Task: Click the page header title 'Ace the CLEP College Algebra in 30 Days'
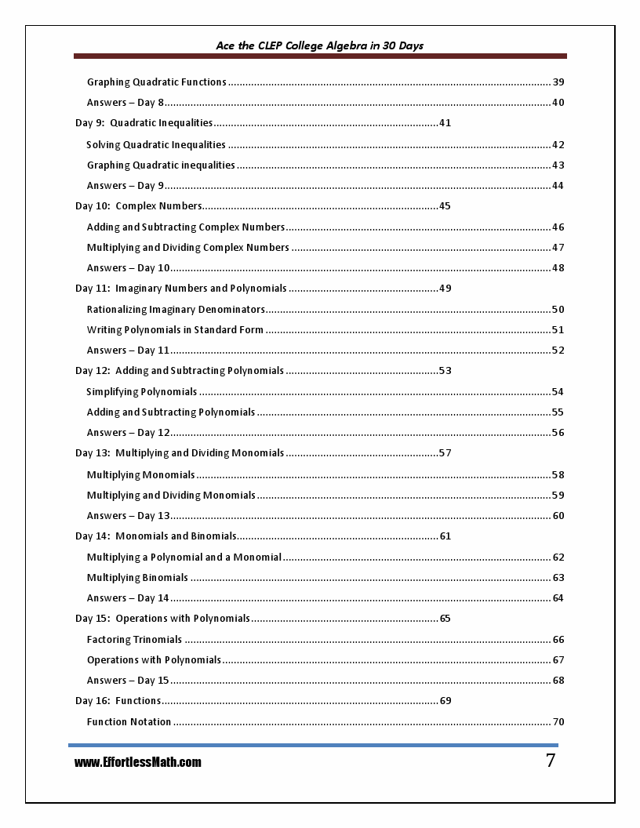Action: [x=319, y=45]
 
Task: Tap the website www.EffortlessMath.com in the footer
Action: [x=137, y=762]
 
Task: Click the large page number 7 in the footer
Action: [x=550, y=760]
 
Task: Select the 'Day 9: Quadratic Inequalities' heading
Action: [x=144, y=122]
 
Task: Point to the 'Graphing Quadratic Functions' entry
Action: [x=156, y=82]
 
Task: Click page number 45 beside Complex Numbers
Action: [x=445, y=206]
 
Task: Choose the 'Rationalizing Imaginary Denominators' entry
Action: [x=176, y=309]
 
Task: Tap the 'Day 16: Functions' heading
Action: [x=118, y=700]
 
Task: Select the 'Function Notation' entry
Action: [x=129, y=721]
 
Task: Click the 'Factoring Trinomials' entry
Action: [x=134, y=639]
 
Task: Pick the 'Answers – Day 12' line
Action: [x=128, y=432]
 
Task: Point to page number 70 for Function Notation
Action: [x=558, y=721]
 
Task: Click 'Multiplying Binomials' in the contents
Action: [x=137, y=577]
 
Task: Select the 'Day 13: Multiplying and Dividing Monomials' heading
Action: [x=179, y=452]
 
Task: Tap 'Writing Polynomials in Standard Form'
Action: [x=175, y=329]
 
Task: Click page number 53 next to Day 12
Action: [x=445, y=370]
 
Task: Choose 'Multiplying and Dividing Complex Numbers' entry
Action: [x=187, y=247]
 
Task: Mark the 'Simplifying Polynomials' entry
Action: [x=141, y=391]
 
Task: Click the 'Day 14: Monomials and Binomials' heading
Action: [x=155, y=536]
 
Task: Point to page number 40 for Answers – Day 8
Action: [x=558, y=102]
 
